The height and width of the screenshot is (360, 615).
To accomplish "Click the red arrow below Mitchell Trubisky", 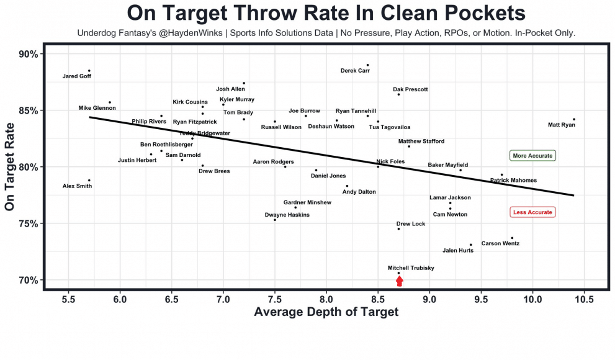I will coord(400,281).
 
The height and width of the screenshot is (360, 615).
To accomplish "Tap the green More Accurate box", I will coord(532,156).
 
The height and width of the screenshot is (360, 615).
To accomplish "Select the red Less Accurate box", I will coord(532,212).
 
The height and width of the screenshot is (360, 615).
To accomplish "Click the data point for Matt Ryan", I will coord(574,119).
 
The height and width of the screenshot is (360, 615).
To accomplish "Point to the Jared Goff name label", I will coord(77,77).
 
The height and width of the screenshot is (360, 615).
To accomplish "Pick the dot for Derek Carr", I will coord(367,65).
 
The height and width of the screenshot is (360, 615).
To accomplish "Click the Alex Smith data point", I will coord(89,181).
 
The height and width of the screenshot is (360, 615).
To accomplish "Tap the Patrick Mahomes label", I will coord(513,181).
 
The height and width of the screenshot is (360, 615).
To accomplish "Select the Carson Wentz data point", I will coord(512,238).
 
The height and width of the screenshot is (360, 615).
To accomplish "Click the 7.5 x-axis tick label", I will coord(274,300).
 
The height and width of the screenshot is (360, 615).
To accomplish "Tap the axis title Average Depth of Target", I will coord(326,312).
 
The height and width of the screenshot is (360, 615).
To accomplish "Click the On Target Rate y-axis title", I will coord(11,167).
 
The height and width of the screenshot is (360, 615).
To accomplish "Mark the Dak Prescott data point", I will coord(398,94).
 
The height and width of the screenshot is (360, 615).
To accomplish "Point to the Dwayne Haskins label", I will coord(287,215).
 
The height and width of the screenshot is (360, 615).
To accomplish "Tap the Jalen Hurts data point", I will coord(471,245).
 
